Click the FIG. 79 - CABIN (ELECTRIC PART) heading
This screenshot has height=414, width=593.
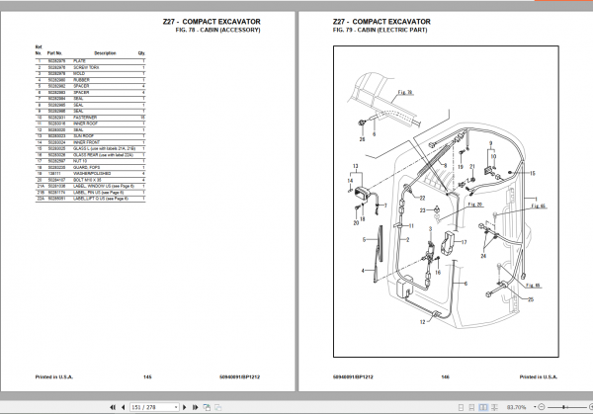point(387,30)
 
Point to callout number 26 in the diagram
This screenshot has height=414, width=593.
point(362,139)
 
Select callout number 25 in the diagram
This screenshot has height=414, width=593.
point(530,300)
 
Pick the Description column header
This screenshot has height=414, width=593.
point(105,52)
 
